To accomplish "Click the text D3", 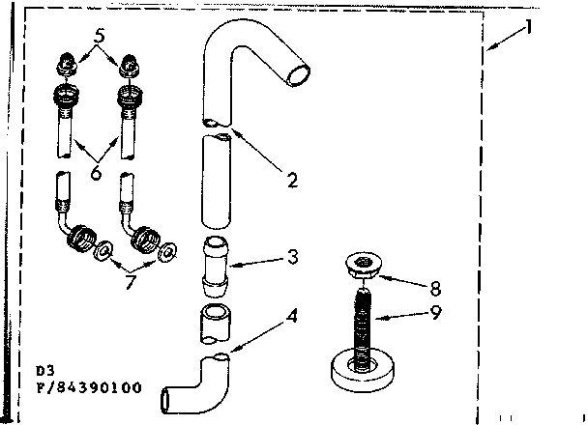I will click(x=44, y=370).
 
